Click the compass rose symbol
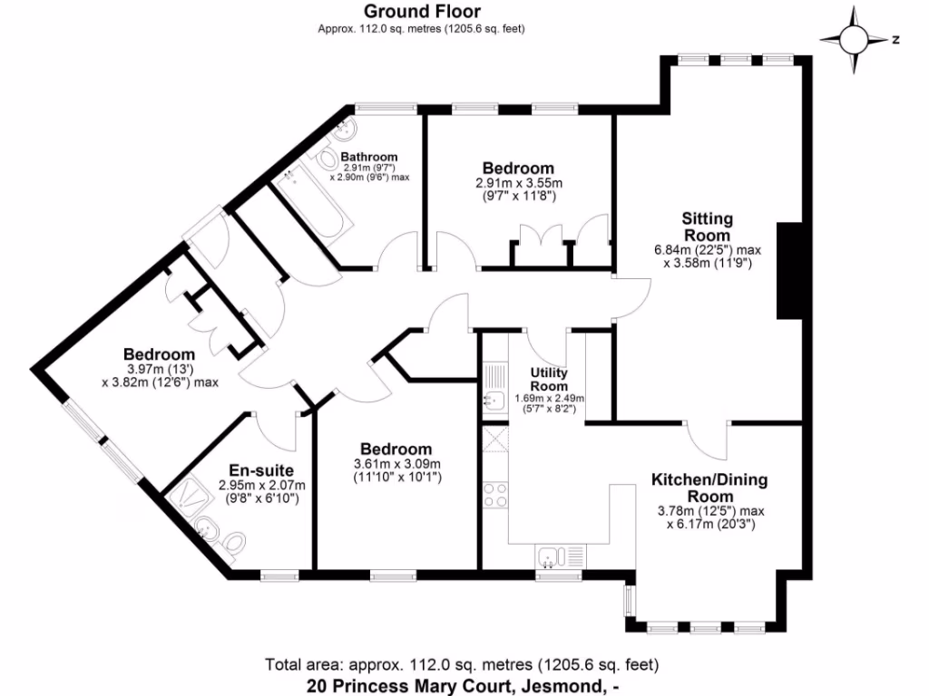click(854, 40)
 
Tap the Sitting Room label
click(707, 227)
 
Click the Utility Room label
click(549, 379)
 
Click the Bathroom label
click(369, 157)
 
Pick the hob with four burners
click(494, 495)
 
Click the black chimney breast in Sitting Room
click(788, 270)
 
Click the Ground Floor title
click(422, 12)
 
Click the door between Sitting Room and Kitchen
click(707, 439)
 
